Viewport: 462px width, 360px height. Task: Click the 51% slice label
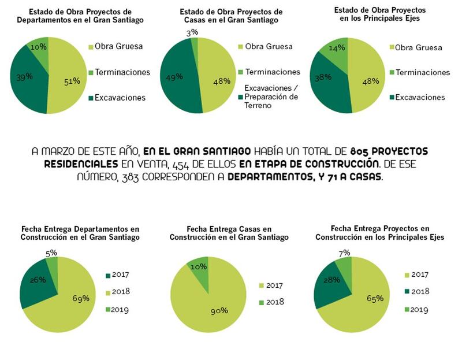point(72,81)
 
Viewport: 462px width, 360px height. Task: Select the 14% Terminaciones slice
point(333,49)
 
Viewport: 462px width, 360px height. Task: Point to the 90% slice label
point(219,311)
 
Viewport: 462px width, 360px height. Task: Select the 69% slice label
point(81,299)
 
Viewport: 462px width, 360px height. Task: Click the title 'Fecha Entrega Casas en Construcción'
point(229,233)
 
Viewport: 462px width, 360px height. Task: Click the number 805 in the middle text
point(359,151)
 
